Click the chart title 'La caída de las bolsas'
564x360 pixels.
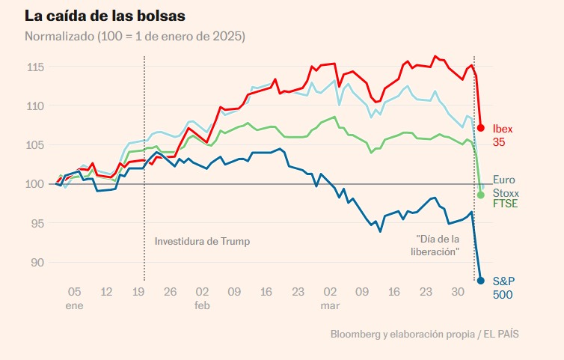(105, 16)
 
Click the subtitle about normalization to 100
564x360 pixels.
(135, 36)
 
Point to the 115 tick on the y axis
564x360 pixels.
(35, 67)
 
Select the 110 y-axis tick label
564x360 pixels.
(35, 106)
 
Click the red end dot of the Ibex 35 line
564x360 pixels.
(481, 128)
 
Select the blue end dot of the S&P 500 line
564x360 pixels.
(481, 281)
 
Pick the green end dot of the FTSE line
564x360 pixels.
(481, 195)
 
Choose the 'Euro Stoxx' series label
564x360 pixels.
(505, 186)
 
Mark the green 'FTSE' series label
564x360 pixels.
(506, 204)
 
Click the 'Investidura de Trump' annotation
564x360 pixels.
(202, 241)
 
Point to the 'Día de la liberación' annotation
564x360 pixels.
(437, 245)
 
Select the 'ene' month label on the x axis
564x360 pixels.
(74, 306)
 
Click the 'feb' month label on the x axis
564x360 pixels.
(202, 306)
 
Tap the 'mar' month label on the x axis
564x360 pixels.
(330, 306)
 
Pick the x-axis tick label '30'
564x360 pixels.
(458, 292)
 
